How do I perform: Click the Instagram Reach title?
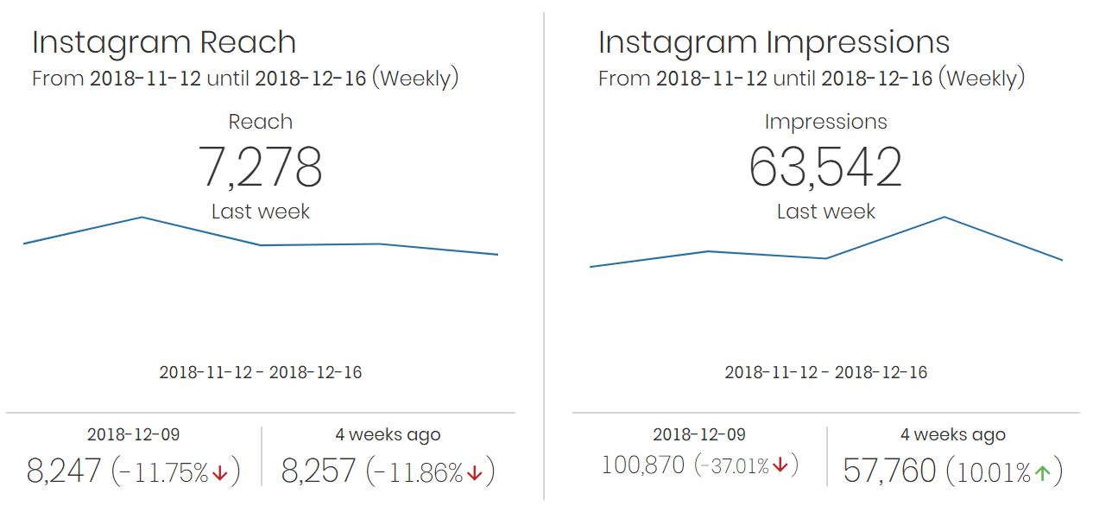coord(164,42)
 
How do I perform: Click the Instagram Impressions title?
coord(774,42)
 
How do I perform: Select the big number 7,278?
coord(260,168)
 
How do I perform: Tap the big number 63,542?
coord(825,168)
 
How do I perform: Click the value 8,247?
coord(64,471)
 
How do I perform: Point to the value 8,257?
coord(319,471)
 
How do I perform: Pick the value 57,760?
coord(889,471)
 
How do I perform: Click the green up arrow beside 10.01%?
coord(1042,473)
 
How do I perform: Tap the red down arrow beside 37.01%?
coord(780,466)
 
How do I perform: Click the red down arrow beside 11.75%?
coord(219,473)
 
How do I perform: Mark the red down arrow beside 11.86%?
coord(474,473)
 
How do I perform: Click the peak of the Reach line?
coord(142,218)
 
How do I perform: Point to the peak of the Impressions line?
coord(945,217)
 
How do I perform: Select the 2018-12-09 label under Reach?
coord(133,435)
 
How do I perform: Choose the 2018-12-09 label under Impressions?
coord(699,435)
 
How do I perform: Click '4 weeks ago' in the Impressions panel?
coord(953,435)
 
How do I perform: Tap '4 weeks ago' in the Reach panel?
coord(388,435)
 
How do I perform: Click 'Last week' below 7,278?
coord(260,212)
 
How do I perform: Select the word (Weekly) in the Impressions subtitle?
coord(982,79)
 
